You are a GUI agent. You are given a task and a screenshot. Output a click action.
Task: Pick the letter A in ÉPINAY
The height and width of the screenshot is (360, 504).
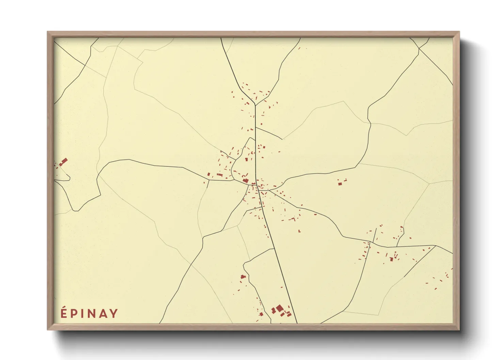pos(104,313)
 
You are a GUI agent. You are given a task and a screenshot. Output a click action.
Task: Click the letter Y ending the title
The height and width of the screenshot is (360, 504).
pos(114,313)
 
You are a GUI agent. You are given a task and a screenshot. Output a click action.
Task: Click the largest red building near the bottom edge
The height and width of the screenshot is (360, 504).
pos(280,308)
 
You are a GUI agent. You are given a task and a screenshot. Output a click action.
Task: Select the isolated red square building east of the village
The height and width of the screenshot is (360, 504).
pos(340,184)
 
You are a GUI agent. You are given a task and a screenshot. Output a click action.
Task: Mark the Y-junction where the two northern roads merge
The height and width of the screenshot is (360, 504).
pos(255,105)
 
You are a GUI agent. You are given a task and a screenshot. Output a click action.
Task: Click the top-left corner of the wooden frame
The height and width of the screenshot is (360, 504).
pos(48,32)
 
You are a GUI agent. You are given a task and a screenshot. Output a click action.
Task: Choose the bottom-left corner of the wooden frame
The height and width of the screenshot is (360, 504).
pos(48,329)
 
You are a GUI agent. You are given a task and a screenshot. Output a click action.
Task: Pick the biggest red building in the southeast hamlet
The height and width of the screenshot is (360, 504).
pos(391,259)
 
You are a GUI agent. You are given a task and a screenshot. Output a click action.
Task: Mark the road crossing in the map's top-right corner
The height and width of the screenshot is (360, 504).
pos(419,49)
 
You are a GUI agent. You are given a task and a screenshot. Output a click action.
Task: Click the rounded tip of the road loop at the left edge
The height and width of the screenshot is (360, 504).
pos(69,177)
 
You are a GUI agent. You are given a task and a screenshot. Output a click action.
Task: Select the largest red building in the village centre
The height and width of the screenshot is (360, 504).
pos(245,180)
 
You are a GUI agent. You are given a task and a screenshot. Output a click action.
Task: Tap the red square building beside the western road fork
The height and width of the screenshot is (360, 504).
pos(209,175)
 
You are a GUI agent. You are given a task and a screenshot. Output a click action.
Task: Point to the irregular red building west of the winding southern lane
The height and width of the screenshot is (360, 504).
pos(243,277)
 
